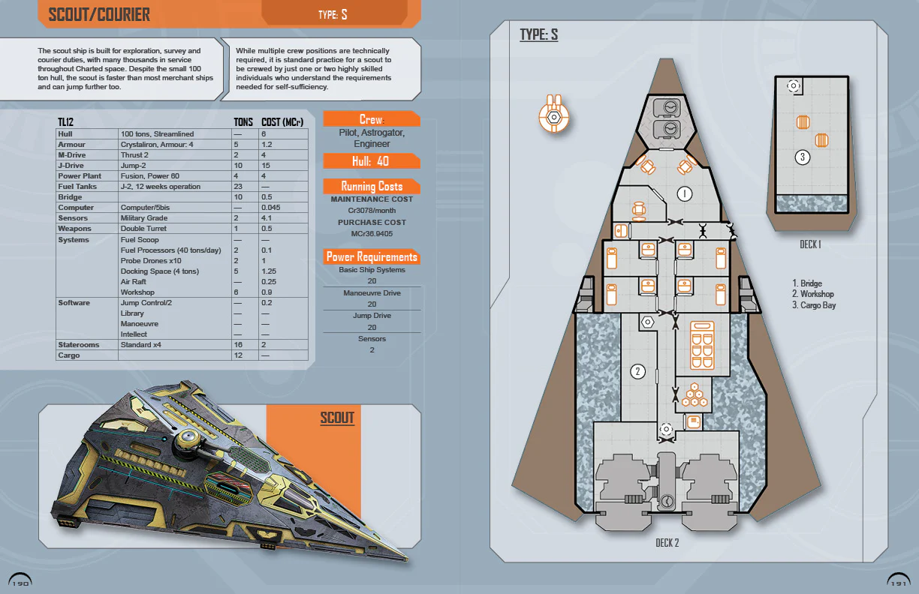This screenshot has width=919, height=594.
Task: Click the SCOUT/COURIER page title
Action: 99,14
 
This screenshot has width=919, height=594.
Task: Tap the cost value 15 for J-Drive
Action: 266,165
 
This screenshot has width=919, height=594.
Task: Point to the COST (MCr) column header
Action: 282,122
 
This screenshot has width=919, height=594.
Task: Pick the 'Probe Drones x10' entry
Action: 151,260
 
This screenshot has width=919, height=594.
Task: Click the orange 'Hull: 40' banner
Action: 371,161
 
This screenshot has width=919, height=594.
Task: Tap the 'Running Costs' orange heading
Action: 372,186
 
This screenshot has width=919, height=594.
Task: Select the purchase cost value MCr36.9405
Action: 372,233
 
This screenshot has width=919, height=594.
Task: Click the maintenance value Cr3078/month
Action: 372,211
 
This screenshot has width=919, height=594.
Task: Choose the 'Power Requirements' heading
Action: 372,256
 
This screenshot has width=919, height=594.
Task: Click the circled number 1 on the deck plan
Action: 684,193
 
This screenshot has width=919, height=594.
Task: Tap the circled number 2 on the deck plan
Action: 638,371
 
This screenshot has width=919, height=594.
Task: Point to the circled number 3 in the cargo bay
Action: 803,157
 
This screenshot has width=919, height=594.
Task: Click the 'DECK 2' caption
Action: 667,542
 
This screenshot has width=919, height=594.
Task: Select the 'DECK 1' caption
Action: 810,244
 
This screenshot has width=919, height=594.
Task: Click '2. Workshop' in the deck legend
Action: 812,295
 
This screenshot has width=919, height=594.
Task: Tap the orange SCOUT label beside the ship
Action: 337,418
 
